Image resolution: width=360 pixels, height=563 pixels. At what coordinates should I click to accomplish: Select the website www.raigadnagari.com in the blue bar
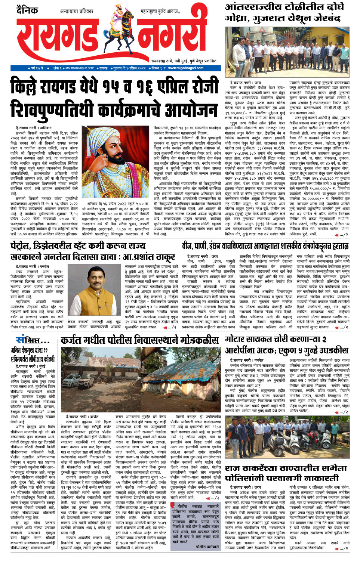[x=186, y=68]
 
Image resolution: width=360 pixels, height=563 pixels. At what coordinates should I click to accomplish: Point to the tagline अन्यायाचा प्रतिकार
[x=77, y=12]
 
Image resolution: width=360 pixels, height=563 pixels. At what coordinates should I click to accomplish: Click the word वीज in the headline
[x=187, y=246]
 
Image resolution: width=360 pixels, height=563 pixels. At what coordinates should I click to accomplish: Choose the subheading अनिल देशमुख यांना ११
[x=30, y=350]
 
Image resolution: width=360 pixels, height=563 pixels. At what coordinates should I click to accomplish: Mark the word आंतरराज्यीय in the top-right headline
[x=254, y=7]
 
